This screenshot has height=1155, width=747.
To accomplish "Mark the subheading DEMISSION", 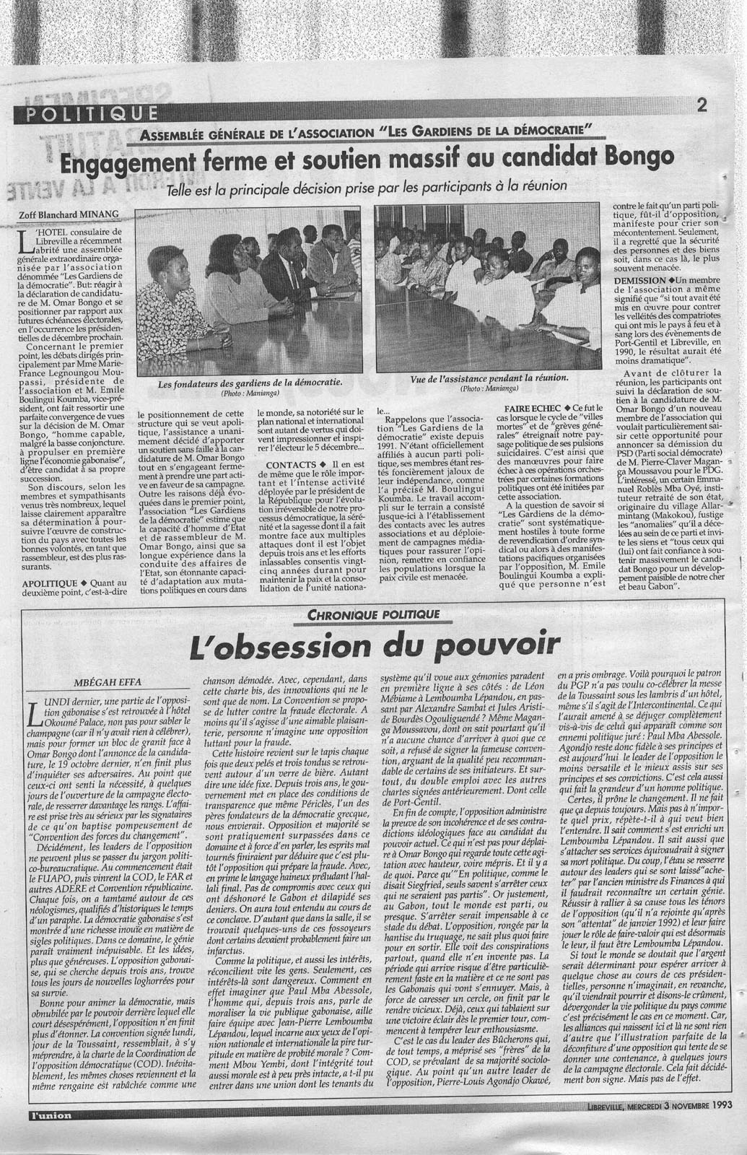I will [640, 279].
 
